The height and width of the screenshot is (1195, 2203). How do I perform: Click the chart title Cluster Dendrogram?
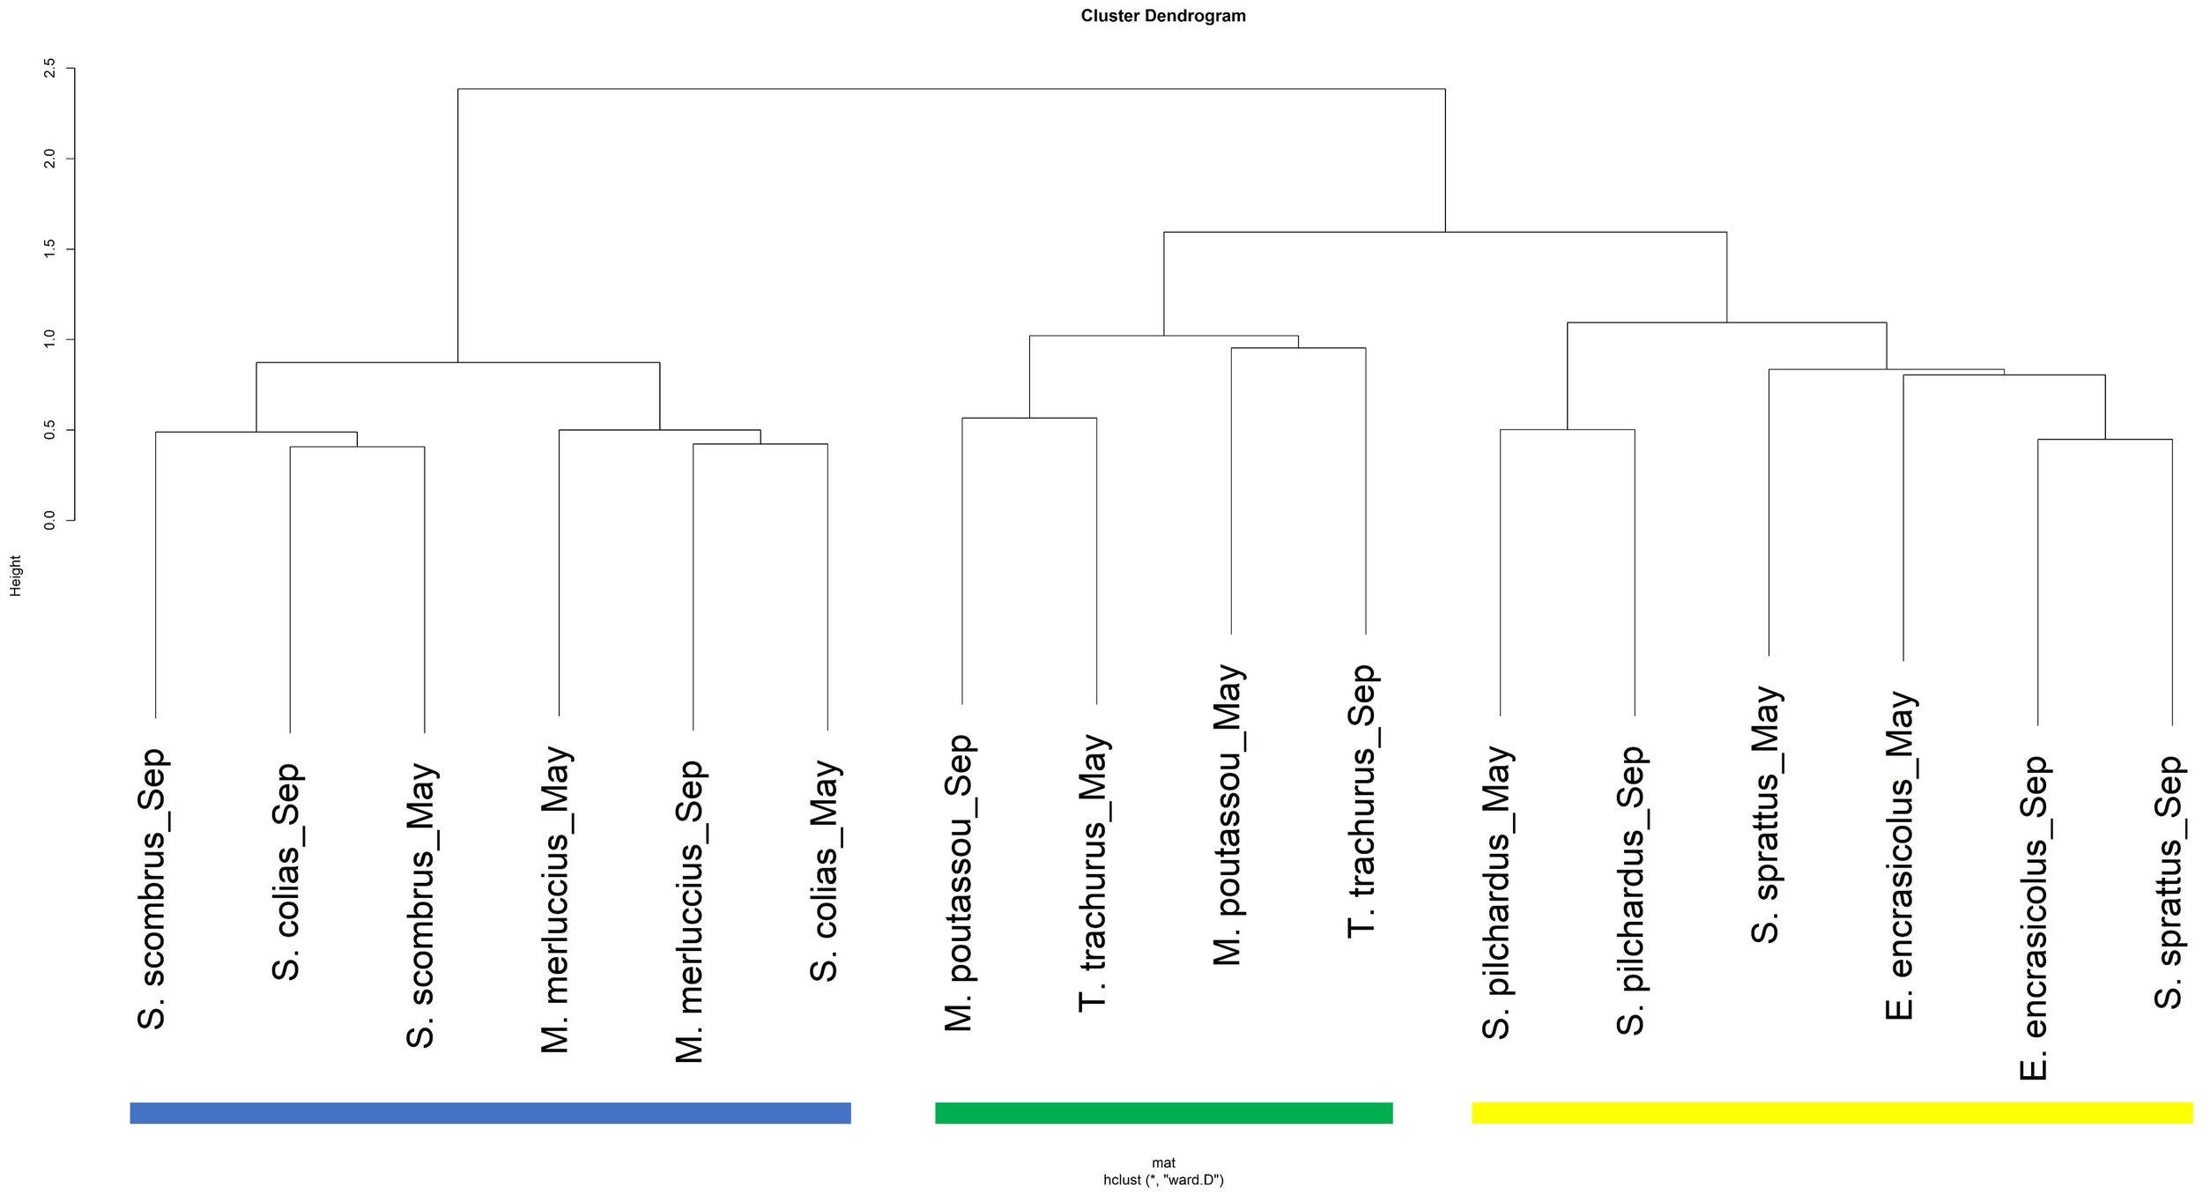(1162, 16)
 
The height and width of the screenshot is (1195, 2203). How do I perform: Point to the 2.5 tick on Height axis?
(49, 68)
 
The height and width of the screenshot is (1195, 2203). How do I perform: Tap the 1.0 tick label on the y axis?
(49, 339)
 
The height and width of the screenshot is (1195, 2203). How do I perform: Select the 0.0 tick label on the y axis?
(49, 520)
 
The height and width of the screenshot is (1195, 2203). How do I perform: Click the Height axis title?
(15, 575)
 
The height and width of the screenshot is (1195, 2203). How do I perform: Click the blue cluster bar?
(490, 1112)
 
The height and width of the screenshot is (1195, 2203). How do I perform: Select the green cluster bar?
(1163, 1112)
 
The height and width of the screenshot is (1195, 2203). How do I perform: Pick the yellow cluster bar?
(1832, 1112)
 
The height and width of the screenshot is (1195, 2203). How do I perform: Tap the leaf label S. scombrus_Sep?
(152, 888)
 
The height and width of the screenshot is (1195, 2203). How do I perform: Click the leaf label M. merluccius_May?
(556, 899)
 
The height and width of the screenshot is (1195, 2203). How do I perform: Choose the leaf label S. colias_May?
(825, 871)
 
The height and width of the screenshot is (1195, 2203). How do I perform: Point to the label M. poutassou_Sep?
(959, 882)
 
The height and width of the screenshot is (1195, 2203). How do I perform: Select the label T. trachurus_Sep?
(1362, 801)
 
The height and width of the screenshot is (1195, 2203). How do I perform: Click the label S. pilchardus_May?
(1497, 892)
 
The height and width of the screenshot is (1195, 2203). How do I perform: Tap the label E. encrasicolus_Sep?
(2035, 917)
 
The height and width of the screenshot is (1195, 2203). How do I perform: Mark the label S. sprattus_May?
(1766, 814)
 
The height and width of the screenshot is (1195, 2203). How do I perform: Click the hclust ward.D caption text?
(1162, 1179)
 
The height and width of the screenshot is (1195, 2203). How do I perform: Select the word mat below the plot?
(1163, 1162)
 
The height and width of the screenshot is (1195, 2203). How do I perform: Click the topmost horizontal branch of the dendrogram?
(952, 89)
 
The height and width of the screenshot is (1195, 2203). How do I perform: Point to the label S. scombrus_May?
(421, 905)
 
